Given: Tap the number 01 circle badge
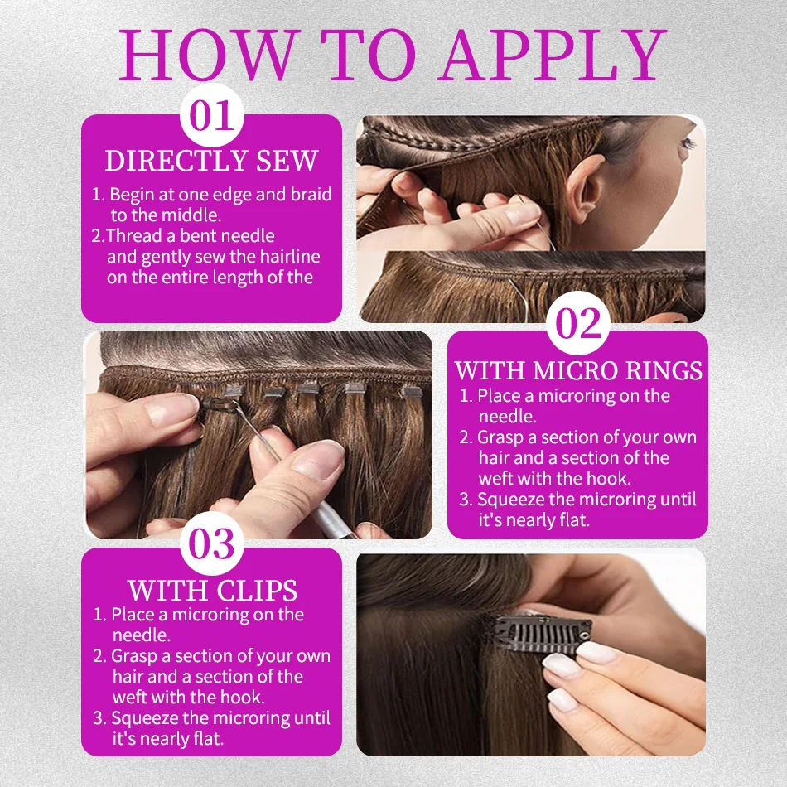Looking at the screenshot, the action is point(212,115).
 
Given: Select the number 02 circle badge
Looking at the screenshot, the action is point(578,323).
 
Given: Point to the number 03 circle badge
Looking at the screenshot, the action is point(212,543).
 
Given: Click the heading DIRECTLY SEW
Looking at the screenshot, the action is point(212,161).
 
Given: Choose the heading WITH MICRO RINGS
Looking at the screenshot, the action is point(578,370).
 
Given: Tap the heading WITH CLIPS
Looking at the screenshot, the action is point(212,590).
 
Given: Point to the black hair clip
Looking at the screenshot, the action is point(541,634).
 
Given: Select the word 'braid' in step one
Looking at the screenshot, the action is point(311,194).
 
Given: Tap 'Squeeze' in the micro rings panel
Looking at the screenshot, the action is point(511,500).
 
